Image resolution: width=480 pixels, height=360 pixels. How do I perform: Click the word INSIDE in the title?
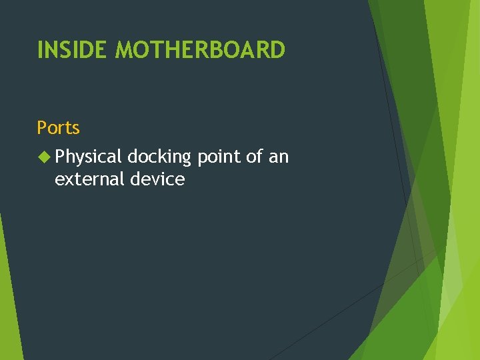73,49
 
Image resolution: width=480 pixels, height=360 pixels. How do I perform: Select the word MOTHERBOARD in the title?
200,49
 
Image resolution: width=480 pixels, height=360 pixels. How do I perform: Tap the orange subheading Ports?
58,127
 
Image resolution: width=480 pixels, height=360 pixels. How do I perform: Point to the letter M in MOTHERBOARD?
125,49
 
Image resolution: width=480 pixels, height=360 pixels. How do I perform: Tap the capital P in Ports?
41,127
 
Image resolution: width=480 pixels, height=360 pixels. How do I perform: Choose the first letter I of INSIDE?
40,49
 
